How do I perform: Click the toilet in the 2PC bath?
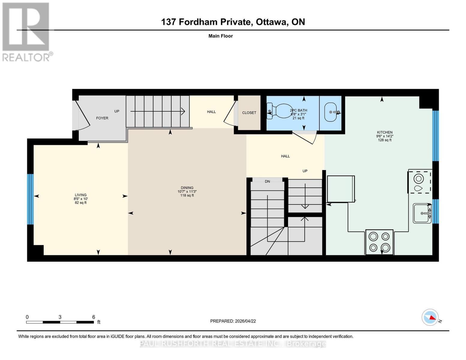tap(281, 111)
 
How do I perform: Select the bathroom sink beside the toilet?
tap(331, 112)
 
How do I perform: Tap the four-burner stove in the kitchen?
tap(379, 242)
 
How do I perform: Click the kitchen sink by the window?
tap(422, 213)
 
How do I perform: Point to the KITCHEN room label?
tap(385, 132)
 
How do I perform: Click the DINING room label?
tap(187, 188)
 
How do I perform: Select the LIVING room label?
tap(81, 195)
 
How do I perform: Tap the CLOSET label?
tap(249, 113)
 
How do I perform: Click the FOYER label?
tap(102, 118)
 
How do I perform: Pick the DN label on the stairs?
tap(267, 181)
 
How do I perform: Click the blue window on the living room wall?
tap(30, 199)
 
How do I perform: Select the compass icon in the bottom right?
tap(430, 317)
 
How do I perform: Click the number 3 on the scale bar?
tap(60, 317)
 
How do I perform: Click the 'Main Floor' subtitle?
tap(221, 36)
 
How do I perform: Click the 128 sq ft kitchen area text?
tap(385, 140)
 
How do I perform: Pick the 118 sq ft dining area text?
tap(187, 196)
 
